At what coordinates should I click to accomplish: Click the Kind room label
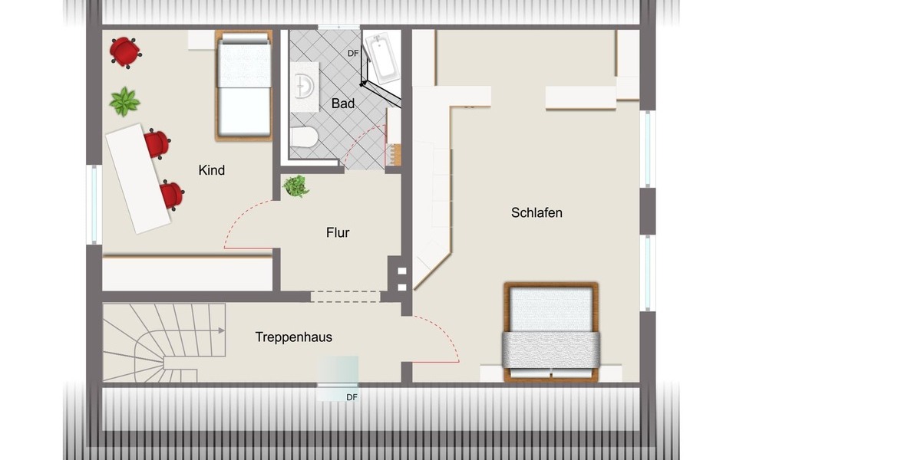(212, 170)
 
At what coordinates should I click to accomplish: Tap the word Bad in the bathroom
(343, 103)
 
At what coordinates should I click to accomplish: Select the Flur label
(338, 232)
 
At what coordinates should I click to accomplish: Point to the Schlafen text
(536, 212)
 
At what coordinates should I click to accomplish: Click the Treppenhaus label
(294, 337)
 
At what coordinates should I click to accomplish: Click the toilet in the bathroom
(305, 138)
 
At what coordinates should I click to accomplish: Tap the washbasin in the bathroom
(305, 87)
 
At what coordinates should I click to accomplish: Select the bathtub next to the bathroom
(381, 57)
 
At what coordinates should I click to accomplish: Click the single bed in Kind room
(243, 86)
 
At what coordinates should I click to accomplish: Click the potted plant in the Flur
(295, 186)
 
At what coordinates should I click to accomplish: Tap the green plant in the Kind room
(124, 101)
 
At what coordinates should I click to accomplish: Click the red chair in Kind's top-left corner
(124, 51)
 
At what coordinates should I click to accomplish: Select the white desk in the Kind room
(138, 178)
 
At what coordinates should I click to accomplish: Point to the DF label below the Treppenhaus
(352, 397)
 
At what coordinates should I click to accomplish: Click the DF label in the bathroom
(353, 53)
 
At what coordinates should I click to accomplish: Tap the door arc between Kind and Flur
(239, 218)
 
